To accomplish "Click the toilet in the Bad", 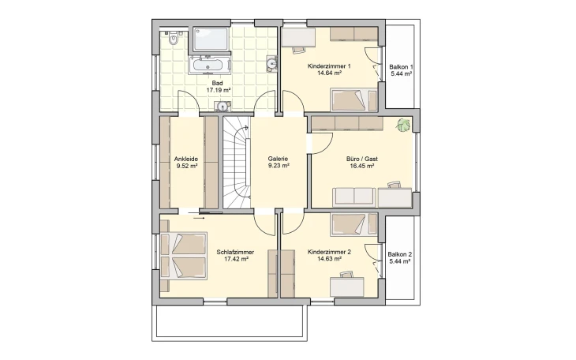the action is (x=174, y=38).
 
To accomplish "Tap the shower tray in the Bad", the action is (x=211, y=39).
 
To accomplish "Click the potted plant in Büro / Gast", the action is (x=403, y=125).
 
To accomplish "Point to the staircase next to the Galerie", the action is (x=237, y=162).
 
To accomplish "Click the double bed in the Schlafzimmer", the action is (x=184, y=256).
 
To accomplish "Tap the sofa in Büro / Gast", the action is (x=354, y=197).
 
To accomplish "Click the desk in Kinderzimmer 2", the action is (x=346, y=287).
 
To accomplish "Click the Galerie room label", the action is (x=278, y=159).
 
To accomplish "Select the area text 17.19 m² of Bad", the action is (x=219, y=90).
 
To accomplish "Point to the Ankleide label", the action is (x=186, y=159).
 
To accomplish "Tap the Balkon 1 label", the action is (x=401, y=67).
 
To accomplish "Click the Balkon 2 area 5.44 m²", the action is (x=400, y=261).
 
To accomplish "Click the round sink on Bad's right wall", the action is (x=271, y=63).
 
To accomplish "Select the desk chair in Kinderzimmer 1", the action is (x=299, y=49).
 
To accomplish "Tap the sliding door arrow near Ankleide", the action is (x=199, y=218).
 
